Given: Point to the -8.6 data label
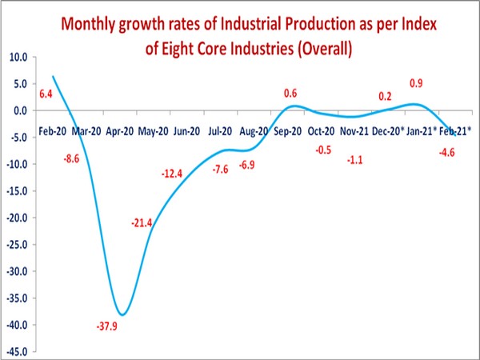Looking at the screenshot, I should point(71,159).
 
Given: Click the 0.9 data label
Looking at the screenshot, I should point(416,83).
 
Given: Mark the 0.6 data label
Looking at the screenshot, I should point(290,92).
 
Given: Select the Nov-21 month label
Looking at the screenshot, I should point(354,129).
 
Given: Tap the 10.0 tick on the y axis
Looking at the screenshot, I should point(17,58).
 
